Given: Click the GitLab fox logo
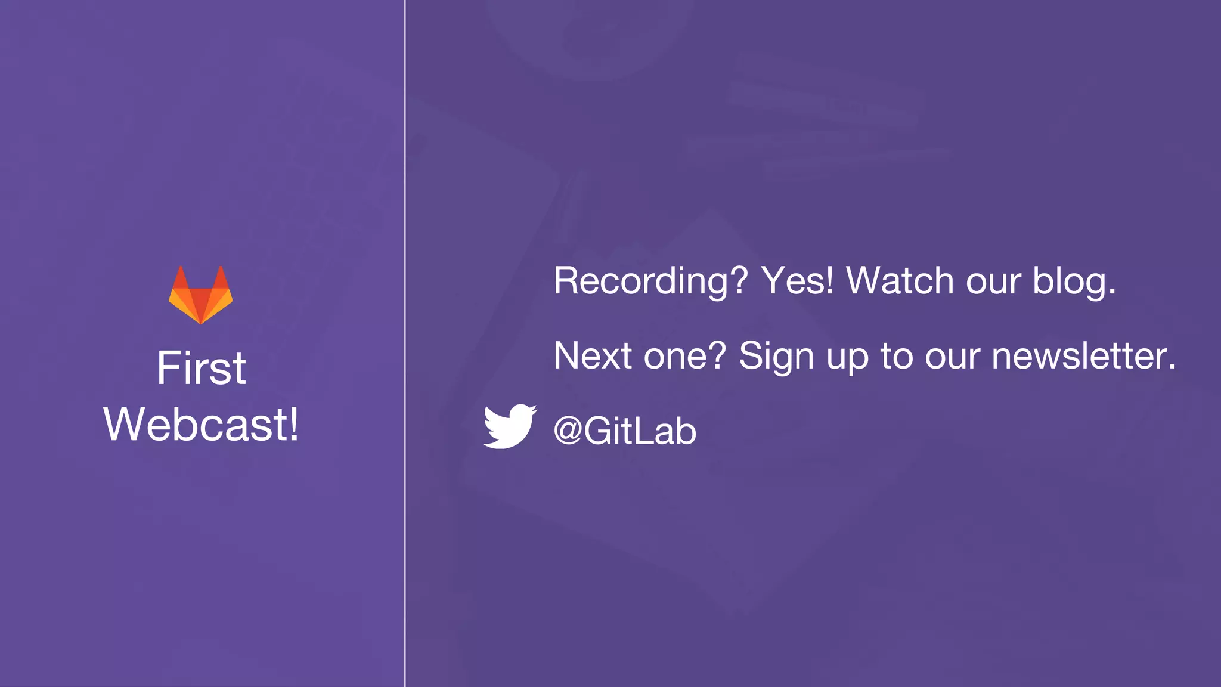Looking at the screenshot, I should point(201,295).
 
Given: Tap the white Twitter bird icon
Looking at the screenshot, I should point(509,426).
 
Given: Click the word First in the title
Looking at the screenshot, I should point(201,369).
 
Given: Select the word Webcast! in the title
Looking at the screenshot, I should point(201,425).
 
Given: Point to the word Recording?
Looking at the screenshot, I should point(650,281).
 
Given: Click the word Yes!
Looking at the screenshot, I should point(798,280).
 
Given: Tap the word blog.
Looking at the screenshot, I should point(1074,281).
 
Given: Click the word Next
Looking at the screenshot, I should point(593,356).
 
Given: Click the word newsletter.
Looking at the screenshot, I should point(1083,356).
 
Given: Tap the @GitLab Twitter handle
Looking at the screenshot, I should point(625,431).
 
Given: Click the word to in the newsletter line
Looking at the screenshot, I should point(897,356).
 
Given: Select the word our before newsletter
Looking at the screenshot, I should point(952,357).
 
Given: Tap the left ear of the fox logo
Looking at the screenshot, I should point(181,277).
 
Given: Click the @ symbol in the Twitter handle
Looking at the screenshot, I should point(568,431).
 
